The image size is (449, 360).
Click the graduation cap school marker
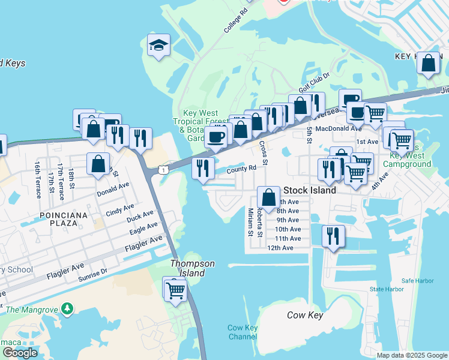[x=158, y=46]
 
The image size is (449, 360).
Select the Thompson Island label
[x=188, y=268]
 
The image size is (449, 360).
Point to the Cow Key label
[x=305, y=316]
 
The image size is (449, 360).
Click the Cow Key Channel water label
[x=243, y=332]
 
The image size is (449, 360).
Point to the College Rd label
[x=235, y=20]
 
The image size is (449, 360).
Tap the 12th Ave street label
[x=280, y=248]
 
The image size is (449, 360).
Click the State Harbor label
[x=387, y=289]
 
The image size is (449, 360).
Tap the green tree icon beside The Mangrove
[x=68, y=309]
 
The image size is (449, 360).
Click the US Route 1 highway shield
[x=163, y=171]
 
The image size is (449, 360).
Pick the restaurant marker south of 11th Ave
[x=333, y=236]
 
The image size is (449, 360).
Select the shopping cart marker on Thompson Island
[x=176, y=290]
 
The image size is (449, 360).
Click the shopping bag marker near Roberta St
[x=269, y=197]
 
